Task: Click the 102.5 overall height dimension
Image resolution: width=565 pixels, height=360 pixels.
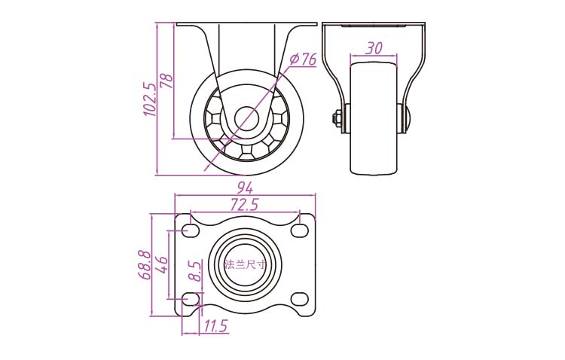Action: (150, 99)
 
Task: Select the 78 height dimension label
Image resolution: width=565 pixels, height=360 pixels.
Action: (166, 81)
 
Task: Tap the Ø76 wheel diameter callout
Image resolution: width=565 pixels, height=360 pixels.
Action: (303, 59)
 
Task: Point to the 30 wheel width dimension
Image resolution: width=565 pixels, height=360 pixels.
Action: (374, 48)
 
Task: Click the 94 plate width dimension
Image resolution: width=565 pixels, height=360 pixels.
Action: (245, 188)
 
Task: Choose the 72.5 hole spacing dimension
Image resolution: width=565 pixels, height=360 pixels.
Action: (245, 205)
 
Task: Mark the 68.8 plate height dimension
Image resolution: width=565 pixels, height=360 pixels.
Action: (145, 264)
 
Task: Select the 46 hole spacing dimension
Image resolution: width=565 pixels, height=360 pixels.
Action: (161, 265)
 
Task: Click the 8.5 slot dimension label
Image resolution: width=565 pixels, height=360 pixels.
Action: (195, 270)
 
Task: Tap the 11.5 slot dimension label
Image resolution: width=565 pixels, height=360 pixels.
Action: (216, 326)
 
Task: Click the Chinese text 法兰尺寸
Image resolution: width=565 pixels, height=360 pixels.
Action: (245, 265)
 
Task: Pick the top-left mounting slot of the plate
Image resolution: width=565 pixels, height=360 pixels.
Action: (191, 230)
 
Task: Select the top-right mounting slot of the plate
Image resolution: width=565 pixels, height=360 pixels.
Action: (299, 230)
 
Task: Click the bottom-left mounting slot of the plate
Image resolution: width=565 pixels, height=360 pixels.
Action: (191, 299)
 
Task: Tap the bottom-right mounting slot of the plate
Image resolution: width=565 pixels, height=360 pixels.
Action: (299, 299)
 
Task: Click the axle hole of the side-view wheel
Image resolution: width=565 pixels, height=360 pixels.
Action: (247, 118)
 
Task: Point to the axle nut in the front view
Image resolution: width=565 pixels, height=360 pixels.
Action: (336, 118)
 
